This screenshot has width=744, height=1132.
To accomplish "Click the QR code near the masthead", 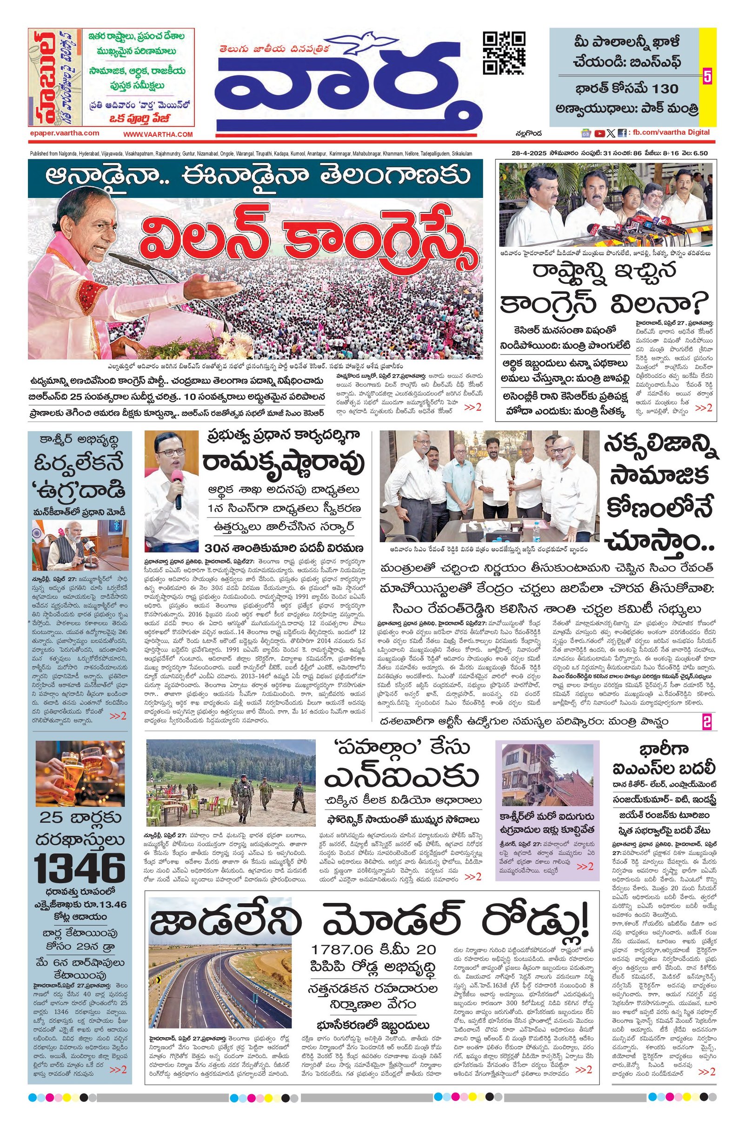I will coord(504,53).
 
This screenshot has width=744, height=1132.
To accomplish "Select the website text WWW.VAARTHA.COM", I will coord(158,135).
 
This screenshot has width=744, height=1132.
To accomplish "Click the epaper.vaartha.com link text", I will coord(64,133).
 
